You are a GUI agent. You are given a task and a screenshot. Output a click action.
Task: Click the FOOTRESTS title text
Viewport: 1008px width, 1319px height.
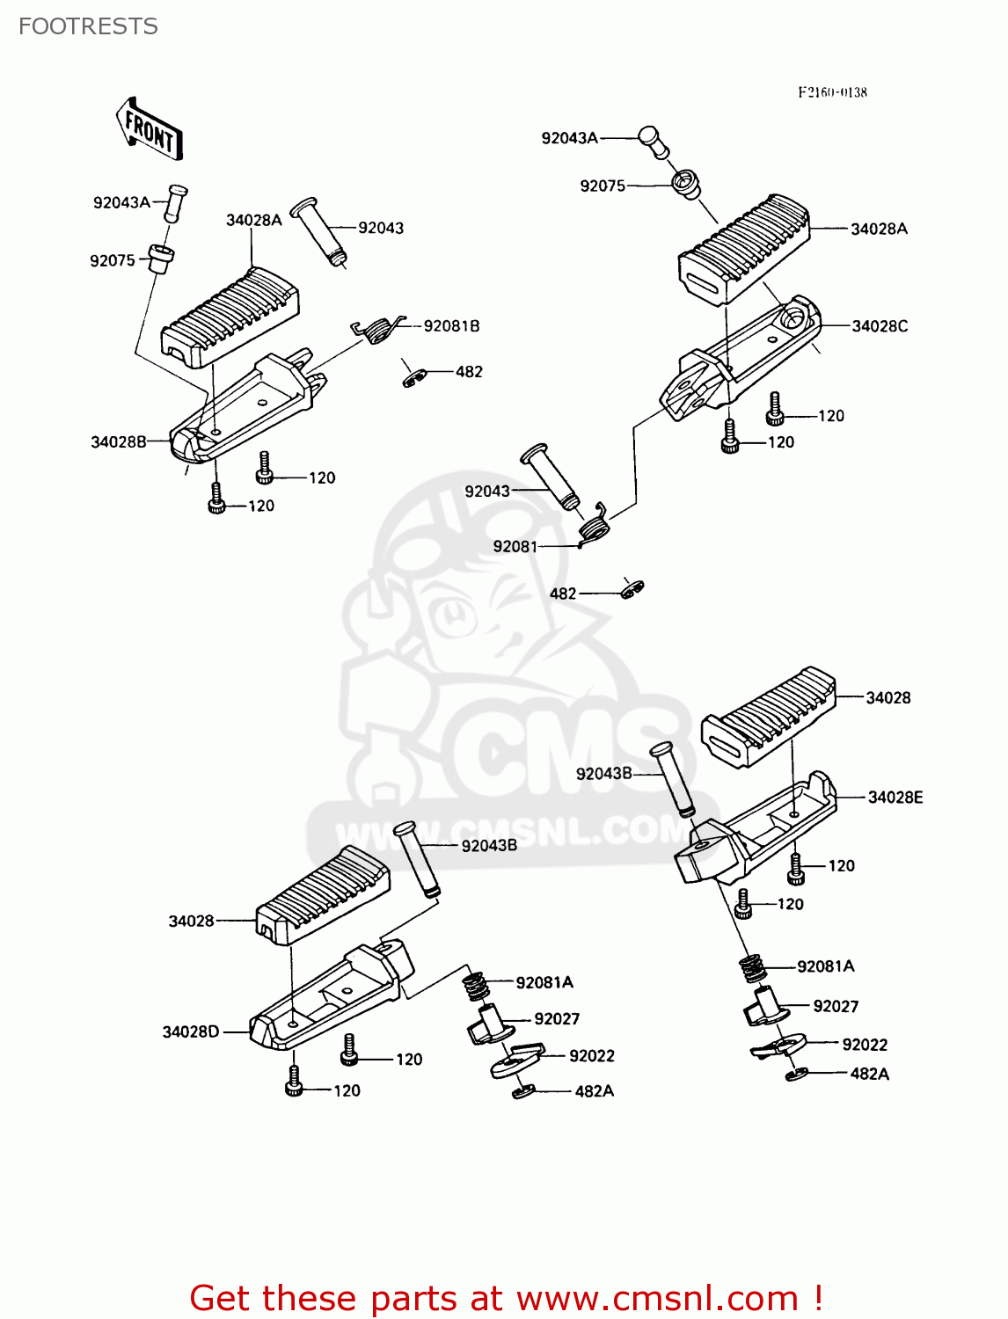[88, 26]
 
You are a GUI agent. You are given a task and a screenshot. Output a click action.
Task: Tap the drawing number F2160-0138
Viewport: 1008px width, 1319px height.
[832, 92]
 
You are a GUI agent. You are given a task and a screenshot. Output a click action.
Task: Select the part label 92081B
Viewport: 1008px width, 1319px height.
[451, 326]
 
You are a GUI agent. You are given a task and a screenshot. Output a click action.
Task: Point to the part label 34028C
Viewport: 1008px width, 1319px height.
[880, 326]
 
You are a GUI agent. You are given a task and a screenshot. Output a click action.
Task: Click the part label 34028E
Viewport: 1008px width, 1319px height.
[895, 798]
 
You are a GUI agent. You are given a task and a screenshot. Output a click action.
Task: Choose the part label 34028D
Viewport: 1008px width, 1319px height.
[190, 1031]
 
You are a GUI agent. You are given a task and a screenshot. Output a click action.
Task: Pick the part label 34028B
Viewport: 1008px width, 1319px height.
[119, 442]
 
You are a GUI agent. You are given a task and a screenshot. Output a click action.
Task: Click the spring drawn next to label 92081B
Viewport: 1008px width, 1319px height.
[378, 330]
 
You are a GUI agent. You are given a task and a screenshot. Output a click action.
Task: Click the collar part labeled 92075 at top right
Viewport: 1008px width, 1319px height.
[685, 185]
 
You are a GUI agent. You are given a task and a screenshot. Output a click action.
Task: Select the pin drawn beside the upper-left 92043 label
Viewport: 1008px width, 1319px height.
[318, 230]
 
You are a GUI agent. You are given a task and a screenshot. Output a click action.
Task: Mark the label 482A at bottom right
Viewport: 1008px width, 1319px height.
[869, 1074]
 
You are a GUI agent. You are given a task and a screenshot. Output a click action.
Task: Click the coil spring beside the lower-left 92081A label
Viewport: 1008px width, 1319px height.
[475, 984]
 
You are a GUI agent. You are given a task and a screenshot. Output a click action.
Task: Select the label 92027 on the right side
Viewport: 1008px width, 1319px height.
[836, 1006]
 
